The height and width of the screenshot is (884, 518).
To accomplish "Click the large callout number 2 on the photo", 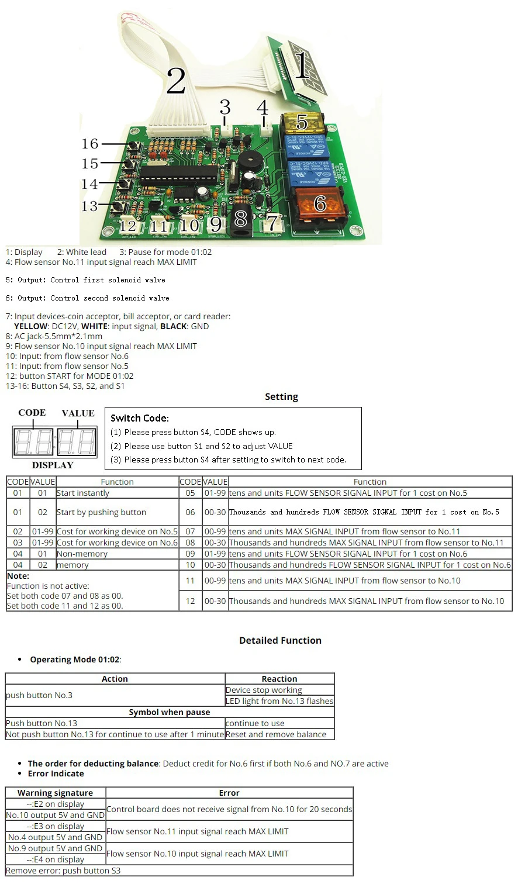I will point(176,81).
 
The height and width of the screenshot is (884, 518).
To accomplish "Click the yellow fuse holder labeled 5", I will point(302,123).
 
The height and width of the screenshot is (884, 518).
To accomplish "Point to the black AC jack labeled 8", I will point(240,222).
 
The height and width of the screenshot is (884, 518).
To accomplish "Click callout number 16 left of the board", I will point(90,144).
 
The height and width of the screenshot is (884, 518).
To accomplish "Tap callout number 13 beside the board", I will point(89,206).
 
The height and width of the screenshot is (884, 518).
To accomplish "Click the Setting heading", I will point(281,397).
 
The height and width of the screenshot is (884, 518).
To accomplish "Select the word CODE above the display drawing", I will point(32,413).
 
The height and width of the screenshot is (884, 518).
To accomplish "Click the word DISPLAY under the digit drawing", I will point(53,465).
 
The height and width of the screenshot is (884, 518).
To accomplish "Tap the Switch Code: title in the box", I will point(140,418).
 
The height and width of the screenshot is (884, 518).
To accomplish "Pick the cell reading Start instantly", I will point(83,493).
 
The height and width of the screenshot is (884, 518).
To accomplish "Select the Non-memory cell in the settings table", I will point(82,554).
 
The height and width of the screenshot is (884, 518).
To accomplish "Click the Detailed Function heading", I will point(280,640).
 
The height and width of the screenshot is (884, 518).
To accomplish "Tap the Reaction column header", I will point(279,679).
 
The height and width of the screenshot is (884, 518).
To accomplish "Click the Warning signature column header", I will point(55,793).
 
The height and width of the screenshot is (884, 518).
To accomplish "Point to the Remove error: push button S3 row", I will point(63,871).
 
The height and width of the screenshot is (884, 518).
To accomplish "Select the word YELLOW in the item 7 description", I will point(30,326).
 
